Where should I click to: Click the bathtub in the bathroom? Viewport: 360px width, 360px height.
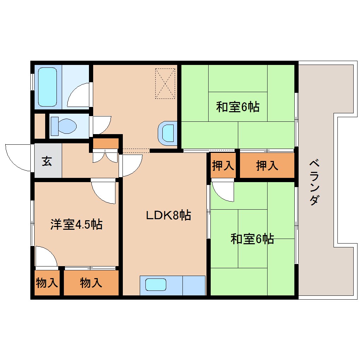point(47,87)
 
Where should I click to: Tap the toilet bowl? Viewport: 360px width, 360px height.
point(64,126)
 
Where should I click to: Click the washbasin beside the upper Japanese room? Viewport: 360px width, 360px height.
point(167,133)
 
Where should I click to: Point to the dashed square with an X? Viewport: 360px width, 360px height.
point(165,84)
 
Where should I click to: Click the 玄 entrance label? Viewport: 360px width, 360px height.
point(47,161)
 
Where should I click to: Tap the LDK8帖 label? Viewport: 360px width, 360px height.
point(169,215)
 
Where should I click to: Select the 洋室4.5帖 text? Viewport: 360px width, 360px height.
point(76,224)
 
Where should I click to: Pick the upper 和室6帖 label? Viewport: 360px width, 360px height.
point(238,107)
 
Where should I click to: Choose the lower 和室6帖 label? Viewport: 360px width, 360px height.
point(252,239)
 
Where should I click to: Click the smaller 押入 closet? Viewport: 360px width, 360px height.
point(223,166)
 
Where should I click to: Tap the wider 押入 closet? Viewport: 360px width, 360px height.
point(267,166)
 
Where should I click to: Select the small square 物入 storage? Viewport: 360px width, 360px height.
point(47,283)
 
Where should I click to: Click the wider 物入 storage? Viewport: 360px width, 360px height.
point(91,283)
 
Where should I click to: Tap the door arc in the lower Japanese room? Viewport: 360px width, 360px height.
point(222,191)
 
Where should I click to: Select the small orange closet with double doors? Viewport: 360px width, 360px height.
point(106,143)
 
